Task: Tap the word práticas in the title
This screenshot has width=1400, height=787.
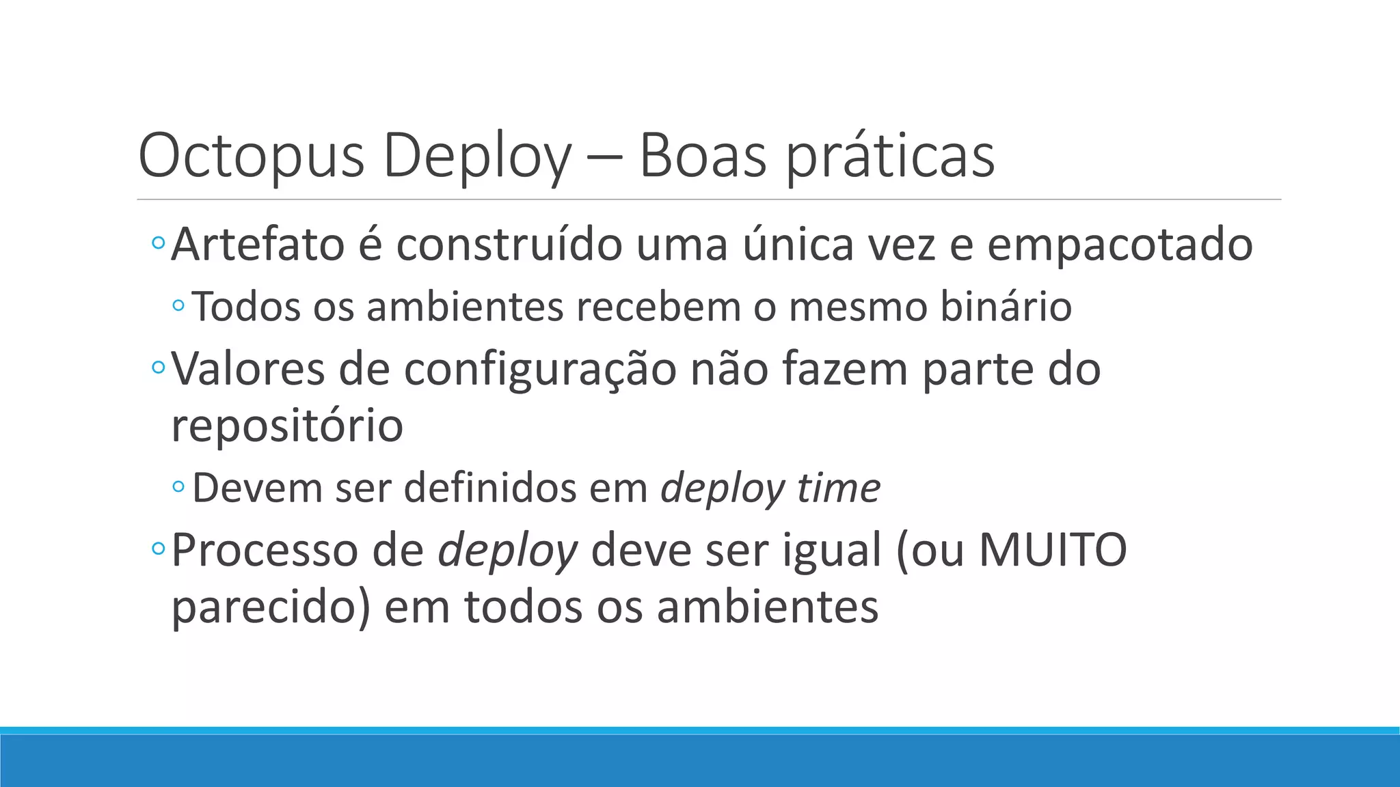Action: point(889,157)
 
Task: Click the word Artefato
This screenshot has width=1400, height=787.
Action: point(258,245)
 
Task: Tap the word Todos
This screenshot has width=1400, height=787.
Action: point(247,306)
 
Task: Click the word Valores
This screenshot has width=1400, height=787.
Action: point(248,369)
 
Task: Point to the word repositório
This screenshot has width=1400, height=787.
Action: point(287,426)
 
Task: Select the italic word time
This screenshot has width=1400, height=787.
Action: point(838,488)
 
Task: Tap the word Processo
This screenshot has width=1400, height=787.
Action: point(265,550)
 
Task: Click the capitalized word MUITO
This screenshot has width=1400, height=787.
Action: point(1053,550)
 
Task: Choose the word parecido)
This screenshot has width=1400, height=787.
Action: point(271,607)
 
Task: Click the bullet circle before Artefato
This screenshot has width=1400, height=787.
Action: point(158,243)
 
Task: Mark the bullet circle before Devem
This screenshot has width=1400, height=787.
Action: point(178,486)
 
